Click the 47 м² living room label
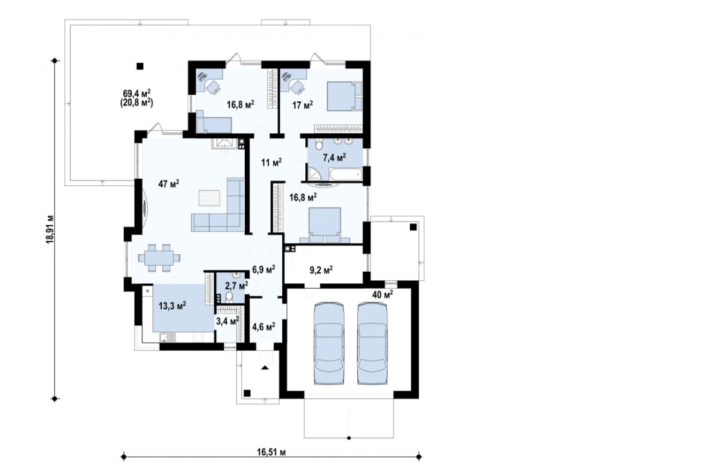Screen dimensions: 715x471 click(x=168, y=184)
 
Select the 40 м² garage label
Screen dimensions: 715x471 click(x=383, y=295)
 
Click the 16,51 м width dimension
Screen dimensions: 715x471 click(x=271, y=452)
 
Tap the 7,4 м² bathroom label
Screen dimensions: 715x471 click(x=334, y=158)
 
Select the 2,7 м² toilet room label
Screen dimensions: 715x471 click(x=237, y=286)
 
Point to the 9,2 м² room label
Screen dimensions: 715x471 click(x=321, y=270)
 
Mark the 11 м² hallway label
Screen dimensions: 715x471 click(x=271, y=162)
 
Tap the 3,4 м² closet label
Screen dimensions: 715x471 click(x=227, y=321)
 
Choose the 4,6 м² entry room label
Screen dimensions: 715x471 click(x=264, y=326)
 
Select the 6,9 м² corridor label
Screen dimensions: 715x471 click(x=264, y=270)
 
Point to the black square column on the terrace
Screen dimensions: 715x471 click(x=140, y=66)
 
